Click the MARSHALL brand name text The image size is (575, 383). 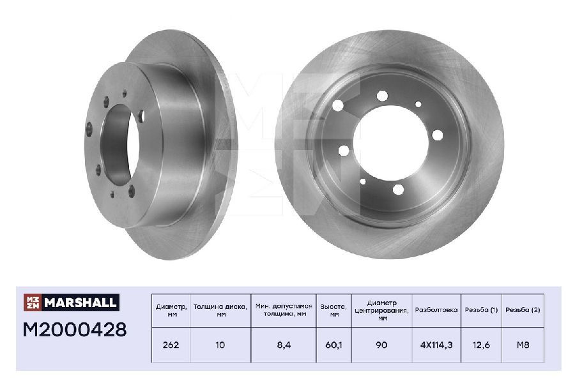(80, 303)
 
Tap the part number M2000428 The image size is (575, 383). (75, 329)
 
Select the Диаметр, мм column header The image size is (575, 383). (171, 310)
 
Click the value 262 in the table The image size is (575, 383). (171, 345)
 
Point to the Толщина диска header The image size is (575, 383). (220, 310)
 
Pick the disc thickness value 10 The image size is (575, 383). (220, 345)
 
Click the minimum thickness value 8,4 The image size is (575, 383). (284, 345)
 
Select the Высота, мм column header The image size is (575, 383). (333, 310)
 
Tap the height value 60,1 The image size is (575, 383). (333, 345)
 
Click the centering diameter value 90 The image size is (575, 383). (381, 345)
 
